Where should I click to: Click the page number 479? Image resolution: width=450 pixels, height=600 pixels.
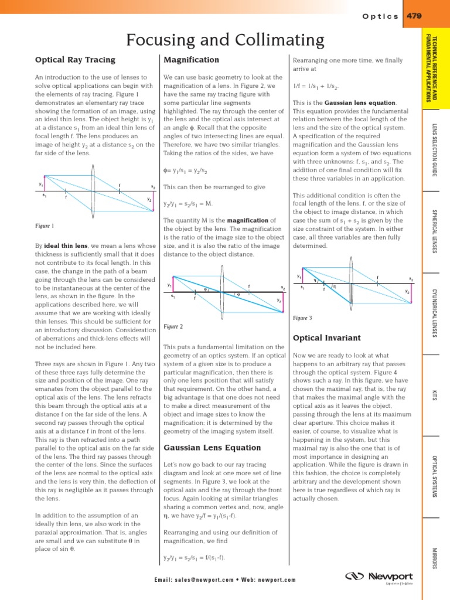tap(414, 16)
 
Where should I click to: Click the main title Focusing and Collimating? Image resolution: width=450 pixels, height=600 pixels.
tap(225, 40)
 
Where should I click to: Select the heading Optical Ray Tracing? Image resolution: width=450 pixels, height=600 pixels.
tap(75, 60)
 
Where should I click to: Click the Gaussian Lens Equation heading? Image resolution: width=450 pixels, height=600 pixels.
tap(203, 448)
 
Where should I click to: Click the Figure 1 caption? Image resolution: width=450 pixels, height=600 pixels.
tap(45, 226)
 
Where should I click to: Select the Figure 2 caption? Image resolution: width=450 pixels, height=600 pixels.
tap(173, 326)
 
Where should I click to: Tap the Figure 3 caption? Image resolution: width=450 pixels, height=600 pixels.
tap(302, 318)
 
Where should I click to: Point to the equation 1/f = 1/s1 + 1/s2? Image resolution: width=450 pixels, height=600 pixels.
tap(316, 86)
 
